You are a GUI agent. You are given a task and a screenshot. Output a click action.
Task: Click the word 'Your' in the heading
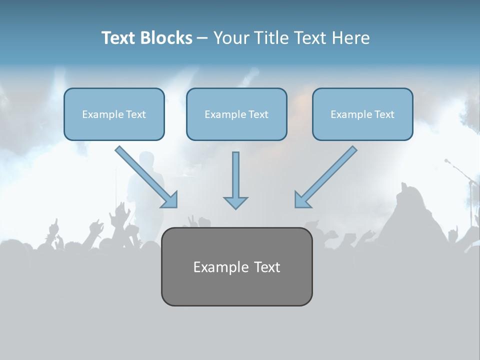[231, 38]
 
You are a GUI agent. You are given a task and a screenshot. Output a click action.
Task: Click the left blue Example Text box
[114, 114]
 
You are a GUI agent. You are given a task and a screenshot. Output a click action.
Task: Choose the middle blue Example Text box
[236, 114]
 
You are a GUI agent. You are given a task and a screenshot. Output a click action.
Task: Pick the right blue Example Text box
[362, 114]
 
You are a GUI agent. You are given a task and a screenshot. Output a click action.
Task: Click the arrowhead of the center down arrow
[235, 202]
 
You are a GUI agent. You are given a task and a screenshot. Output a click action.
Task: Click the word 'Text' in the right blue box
[384, 114]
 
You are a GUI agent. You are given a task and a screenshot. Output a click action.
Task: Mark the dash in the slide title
[202, 38]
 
